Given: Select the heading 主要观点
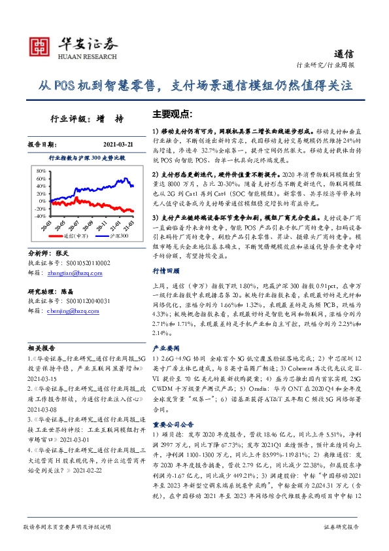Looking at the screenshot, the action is [171, 113].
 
